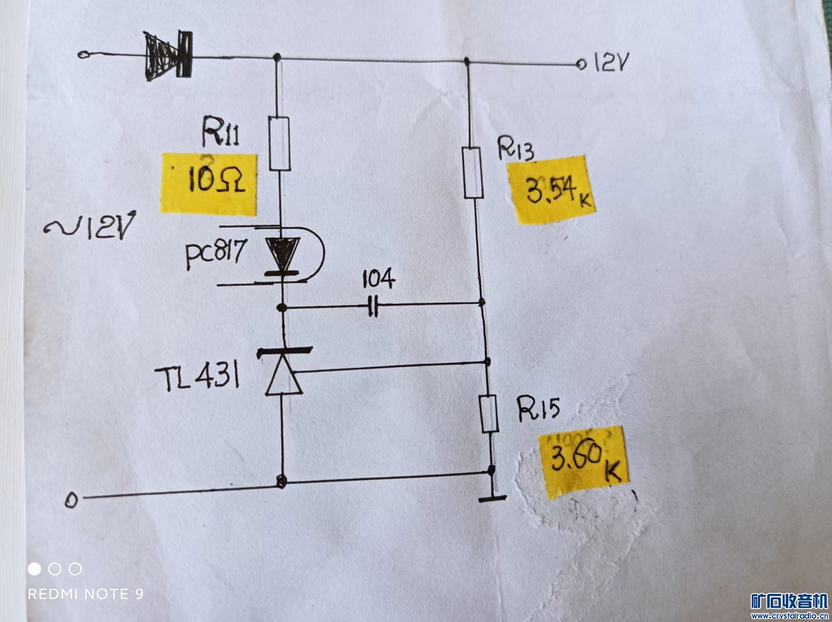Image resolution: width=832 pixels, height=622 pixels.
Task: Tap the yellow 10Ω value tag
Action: [209, 183]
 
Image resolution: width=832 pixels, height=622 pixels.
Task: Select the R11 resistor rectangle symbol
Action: [279, 144]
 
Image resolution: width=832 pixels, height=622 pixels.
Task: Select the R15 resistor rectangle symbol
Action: [488, 414]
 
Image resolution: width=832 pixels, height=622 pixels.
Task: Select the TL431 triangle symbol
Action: [283, 378]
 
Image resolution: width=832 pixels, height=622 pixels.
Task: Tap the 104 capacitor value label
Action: [379, 280]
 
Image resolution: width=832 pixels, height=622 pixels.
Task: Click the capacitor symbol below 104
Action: [373, 307]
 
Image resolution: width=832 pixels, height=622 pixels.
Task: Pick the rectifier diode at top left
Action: [168, 54]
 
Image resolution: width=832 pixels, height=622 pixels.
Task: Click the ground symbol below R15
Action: [492, 497]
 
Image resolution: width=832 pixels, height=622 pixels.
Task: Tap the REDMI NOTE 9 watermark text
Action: [86, 594]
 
